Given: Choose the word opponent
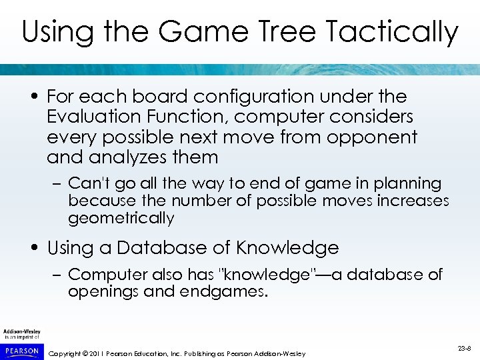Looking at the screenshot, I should [376, 137].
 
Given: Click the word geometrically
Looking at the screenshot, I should [121, 218].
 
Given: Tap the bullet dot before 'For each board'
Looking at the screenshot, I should [34, 97].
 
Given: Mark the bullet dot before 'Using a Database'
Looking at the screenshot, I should [34, 249].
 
